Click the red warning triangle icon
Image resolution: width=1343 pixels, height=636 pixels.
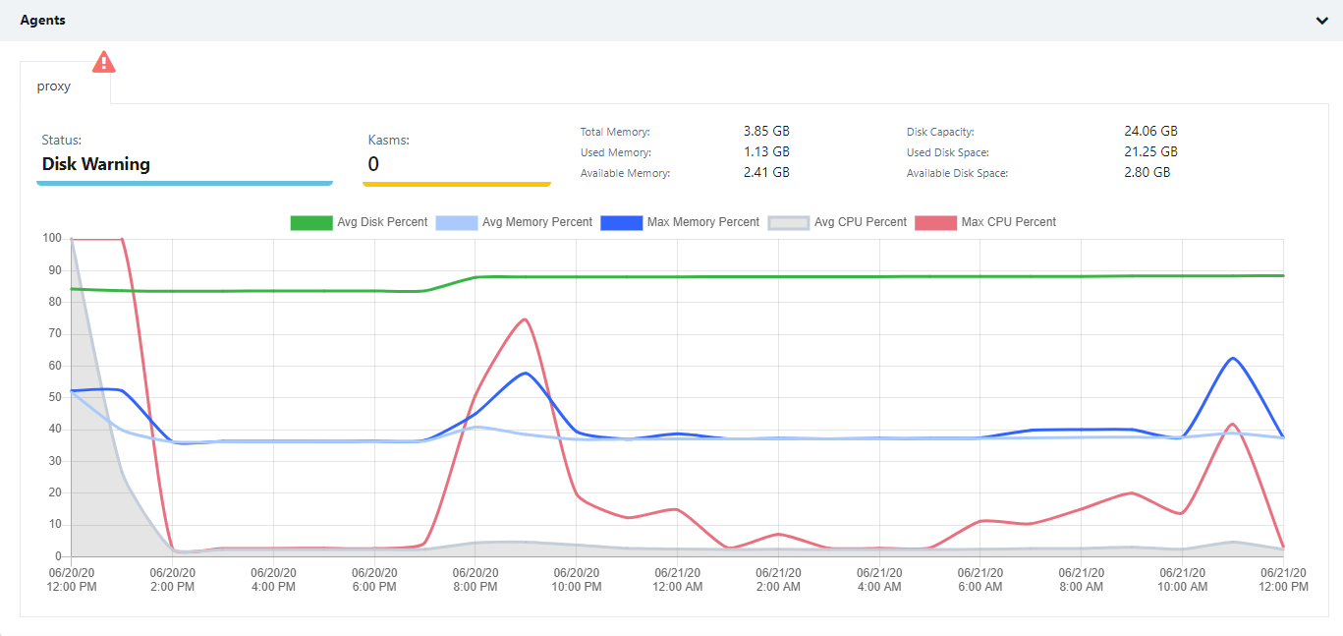coord(103,62)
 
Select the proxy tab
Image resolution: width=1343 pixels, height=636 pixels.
coord(54,86)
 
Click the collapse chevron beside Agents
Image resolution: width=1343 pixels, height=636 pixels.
coord(1322,21)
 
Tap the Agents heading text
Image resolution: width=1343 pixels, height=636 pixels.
coord(43,20)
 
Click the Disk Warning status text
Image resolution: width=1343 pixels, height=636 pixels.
coord(95,164)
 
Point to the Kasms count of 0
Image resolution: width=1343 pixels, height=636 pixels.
coord(373,164)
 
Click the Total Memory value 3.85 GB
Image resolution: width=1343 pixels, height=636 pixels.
coord(766,131)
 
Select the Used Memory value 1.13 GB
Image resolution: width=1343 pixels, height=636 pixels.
coord(766,151)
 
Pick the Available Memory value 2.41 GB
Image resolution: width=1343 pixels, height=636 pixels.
coord(766,172)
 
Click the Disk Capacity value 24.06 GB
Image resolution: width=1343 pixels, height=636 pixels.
coord(1150,131)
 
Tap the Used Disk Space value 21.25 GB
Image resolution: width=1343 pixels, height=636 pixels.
coord(1150,151)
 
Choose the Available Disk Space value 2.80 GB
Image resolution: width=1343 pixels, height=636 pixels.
coord(1147,172)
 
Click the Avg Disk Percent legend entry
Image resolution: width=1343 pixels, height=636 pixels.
coord(360,222)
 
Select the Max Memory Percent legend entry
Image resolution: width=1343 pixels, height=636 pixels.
coord(680,222)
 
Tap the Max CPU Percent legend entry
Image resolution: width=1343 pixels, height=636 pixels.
coord(985,222)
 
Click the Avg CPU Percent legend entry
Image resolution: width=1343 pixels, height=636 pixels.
coord(837,222)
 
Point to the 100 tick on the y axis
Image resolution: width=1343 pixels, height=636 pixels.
coord(51,238)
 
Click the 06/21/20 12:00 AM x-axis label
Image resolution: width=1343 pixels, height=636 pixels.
coord(679,580)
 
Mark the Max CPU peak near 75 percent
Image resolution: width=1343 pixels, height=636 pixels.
coord(526,318)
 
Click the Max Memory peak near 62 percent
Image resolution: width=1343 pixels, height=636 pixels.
coord(1233,358)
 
